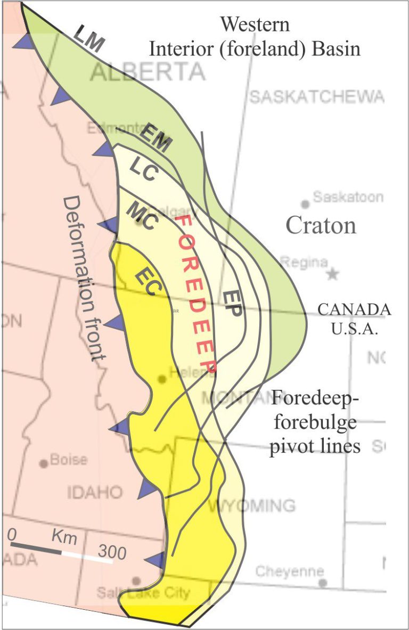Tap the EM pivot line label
(x=157, y=140)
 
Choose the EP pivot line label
(x=232, y=304)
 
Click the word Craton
(x=321, y=225)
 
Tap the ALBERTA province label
(x=147, y=71)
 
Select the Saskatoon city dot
(x=305, y=204)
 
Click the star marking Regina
(x=333, y=275)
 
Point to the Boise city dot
(x=44, y=463)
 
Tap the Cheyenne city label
(x=289, y=572)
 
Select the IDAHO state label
(x=95, y=492)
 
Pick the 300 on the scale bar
(x=112, y=553)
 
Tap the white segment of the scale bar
(x=87, y=555)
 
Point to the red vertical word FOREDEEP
(x=197, y=293)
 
